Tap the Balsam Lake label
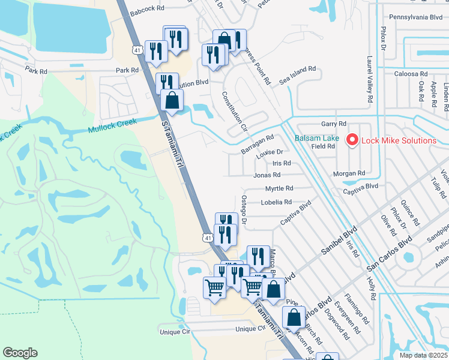[x=317, y=139]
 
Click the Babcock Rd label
[x=146, y=9]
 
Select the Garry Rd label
[x=334, y=124]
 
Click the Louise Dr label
[x=269, y=152]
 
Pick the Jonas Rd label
[x=267, y=175]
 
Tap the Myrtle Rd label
[x=279, y=188]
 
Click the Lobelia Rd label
[x=276, y=202]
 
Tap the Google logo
[x=20, y=353]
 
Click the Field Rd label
[x=323, y=146]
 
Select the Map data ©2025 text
[x=423, y=355]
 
